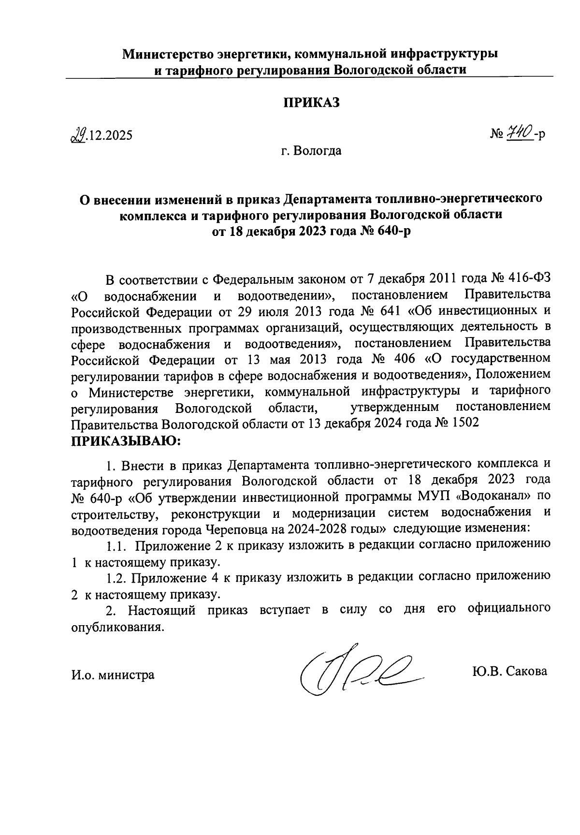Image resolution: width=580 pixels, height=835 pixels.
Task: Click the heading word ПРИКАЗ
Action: [312, 102]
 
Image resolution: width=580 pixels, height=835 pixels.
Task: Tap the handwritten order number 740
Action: [520, 132]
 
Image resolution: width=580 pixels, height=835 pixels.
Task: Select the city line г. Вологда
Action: [312, 151]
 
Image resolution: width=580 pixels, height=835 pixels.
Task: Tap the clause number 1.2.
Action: [116, 577]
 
